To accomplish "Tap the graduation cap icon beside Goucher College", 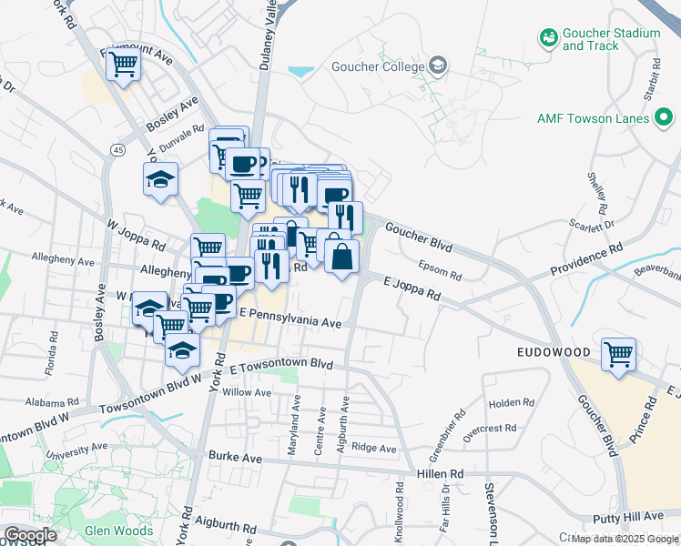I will [x=439, y=65].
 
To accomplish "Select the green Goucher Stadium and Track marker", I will [x=548, y=37].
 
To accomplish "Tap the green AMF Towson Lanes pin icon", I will [x=666, y=117].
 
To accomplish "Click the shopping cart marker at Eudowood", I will [x=619, y=354].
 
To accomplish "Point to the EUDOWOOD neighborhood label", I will [x=555, y=351].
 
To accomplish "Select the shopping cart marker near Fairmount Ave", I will [x=123, y=65].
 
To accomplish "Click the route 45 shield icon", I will [x=118, y=149].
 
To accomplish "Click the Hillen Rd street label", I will [x=441, y=473].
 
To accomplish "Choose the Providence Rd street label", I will [x=586, y=259].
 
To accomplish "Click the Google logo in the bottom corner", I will [x=30, y=535].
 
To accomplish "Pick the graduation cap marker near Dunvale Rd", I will [x=160, y=179].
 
